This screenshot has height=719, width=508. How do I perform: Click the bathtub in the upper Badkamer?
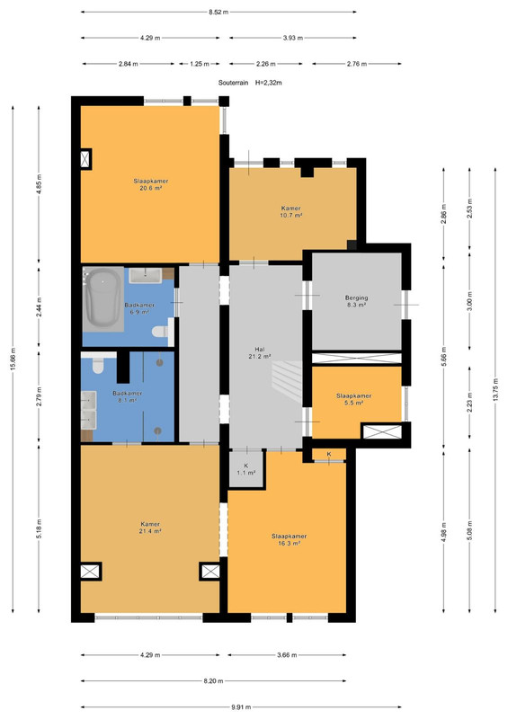pyautogui.click(x=103, y=298)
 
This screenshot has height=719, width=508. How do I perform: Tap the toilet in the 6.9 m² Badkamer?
pyautogui.click(x=161, y=331)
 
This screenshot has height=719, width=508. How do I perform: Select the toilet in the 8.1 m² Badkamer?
pyautogui.click(x=97, y=366)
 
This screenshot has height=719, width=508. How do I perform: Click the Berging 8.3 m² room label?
pyautogui.click(x=357, y=301)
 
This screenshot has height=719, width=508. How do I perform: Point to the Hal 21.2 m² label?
pyautogui.click(x=260, y=352)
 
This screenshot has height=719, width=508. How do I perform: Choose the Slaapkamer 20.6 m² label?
pyautogui.click(x=150, y=184)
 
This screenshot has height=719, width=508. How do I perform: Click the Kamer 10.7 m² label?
pyautogui.click(x=291, y=211)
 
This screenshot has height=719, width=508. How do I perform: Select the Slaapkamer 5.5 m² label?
pyautogui.click(x=353, y=399)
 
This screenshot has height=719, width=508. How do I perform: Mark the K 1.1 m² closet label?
pyautogui.click(x=246, y=469)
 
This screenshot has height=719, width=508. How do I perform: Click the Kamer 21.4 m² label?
pyautogui.click(x=150, y=528)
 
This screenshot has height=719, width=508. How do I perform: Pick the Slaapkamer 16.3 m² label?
pyautogui.click(x=290, y=540)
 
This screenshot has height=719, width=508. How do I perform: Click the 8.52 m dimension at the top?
pyautogui.click(x=218, y=12)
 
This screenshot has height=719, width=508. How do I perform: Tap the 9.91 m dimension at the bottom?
pyautogui.click(x=241, y=707)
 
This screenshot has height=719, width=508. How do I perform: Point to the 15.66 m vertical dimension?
pyautogui.click(x=13, y=359)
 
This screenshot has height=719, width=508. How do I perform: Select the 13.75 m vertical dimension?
pyautogui.click(x=495, y=390)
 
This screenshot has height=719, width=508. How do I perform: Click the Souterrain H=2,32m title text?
pyautogui.click(x=250, y=83)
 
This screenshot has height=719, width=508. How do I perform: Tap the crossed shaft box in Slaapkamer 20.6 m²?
pyautogui.click(x=85, y=159)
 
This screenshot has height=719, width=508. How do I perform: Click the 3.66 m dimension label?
pyautogui.click(x=287, y=655)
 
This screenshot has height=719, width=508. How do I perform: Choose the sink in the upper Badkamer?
pyautogui.click(x=146, y=275)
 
